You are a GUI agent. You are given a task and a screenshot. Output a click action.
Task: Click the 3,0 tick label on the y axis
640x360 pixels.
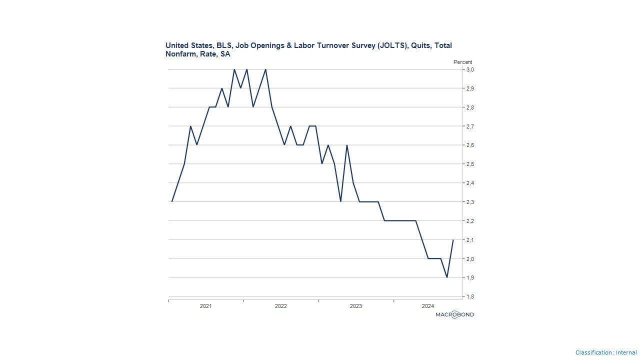pos(470,69)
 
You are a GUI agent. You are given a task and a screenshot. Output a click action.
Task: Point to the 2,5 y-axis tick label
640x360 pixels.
pos(470,164)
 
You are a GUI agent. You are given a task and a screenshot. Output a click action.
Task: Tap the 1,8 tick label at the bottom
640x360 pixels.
pos(470,296)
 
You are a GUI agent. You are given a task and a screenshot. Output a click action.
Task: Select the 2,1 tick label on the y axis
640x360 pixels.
pos(470,240)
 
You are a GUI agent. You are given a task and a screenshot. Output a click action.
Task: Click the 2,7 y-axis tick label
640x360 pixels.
pos(470,126)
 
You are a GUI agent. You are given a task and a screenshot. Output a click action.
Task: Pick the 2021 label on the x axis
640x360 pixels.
pos(206,306)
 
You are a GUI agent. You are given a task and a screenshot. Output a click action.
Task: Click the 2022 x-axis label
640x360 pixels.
pos(281,306)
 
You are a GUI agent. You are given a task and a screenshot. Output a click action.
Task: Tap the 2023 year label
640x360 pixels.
pos(356,306)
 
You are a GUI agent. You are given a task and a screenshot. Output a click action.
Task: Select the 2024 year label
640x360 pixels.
pos(428,306)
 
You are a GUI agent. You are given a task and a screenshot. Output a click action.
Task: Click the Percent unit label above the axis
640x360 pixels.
pos(462,62)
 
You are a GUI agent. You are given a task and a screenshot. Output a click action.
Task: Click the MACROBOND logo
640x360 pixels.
pos(454,314)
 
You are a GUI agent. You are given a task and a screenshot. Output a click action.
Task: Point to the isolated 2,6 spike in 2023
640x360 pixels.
pos(347,145)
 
